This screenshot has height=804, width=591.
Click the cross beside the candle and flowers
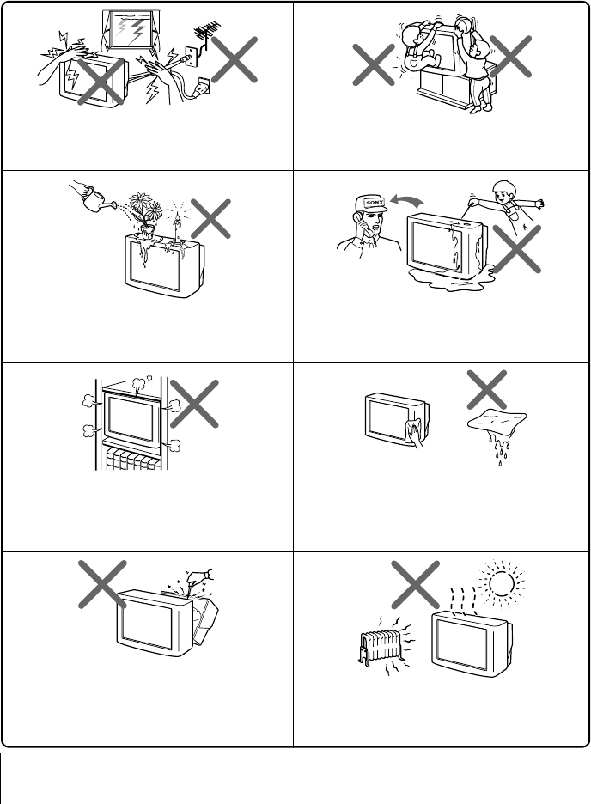click(x=212, y=218)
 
